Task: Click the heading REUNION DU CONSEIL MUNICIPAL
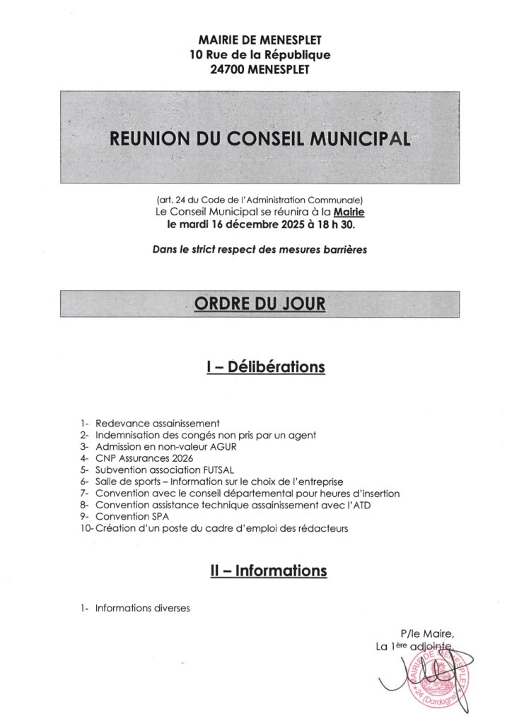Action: click(260, 138)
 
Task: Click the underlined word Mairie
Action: click(349, 211)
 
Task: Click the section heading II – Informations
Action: click(268, 570)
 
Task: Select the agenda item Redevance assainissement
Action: click(158, 423)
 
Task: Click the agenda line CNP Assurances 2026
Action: click(144, 458)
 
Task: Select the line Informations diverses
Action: click(143, 608)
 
